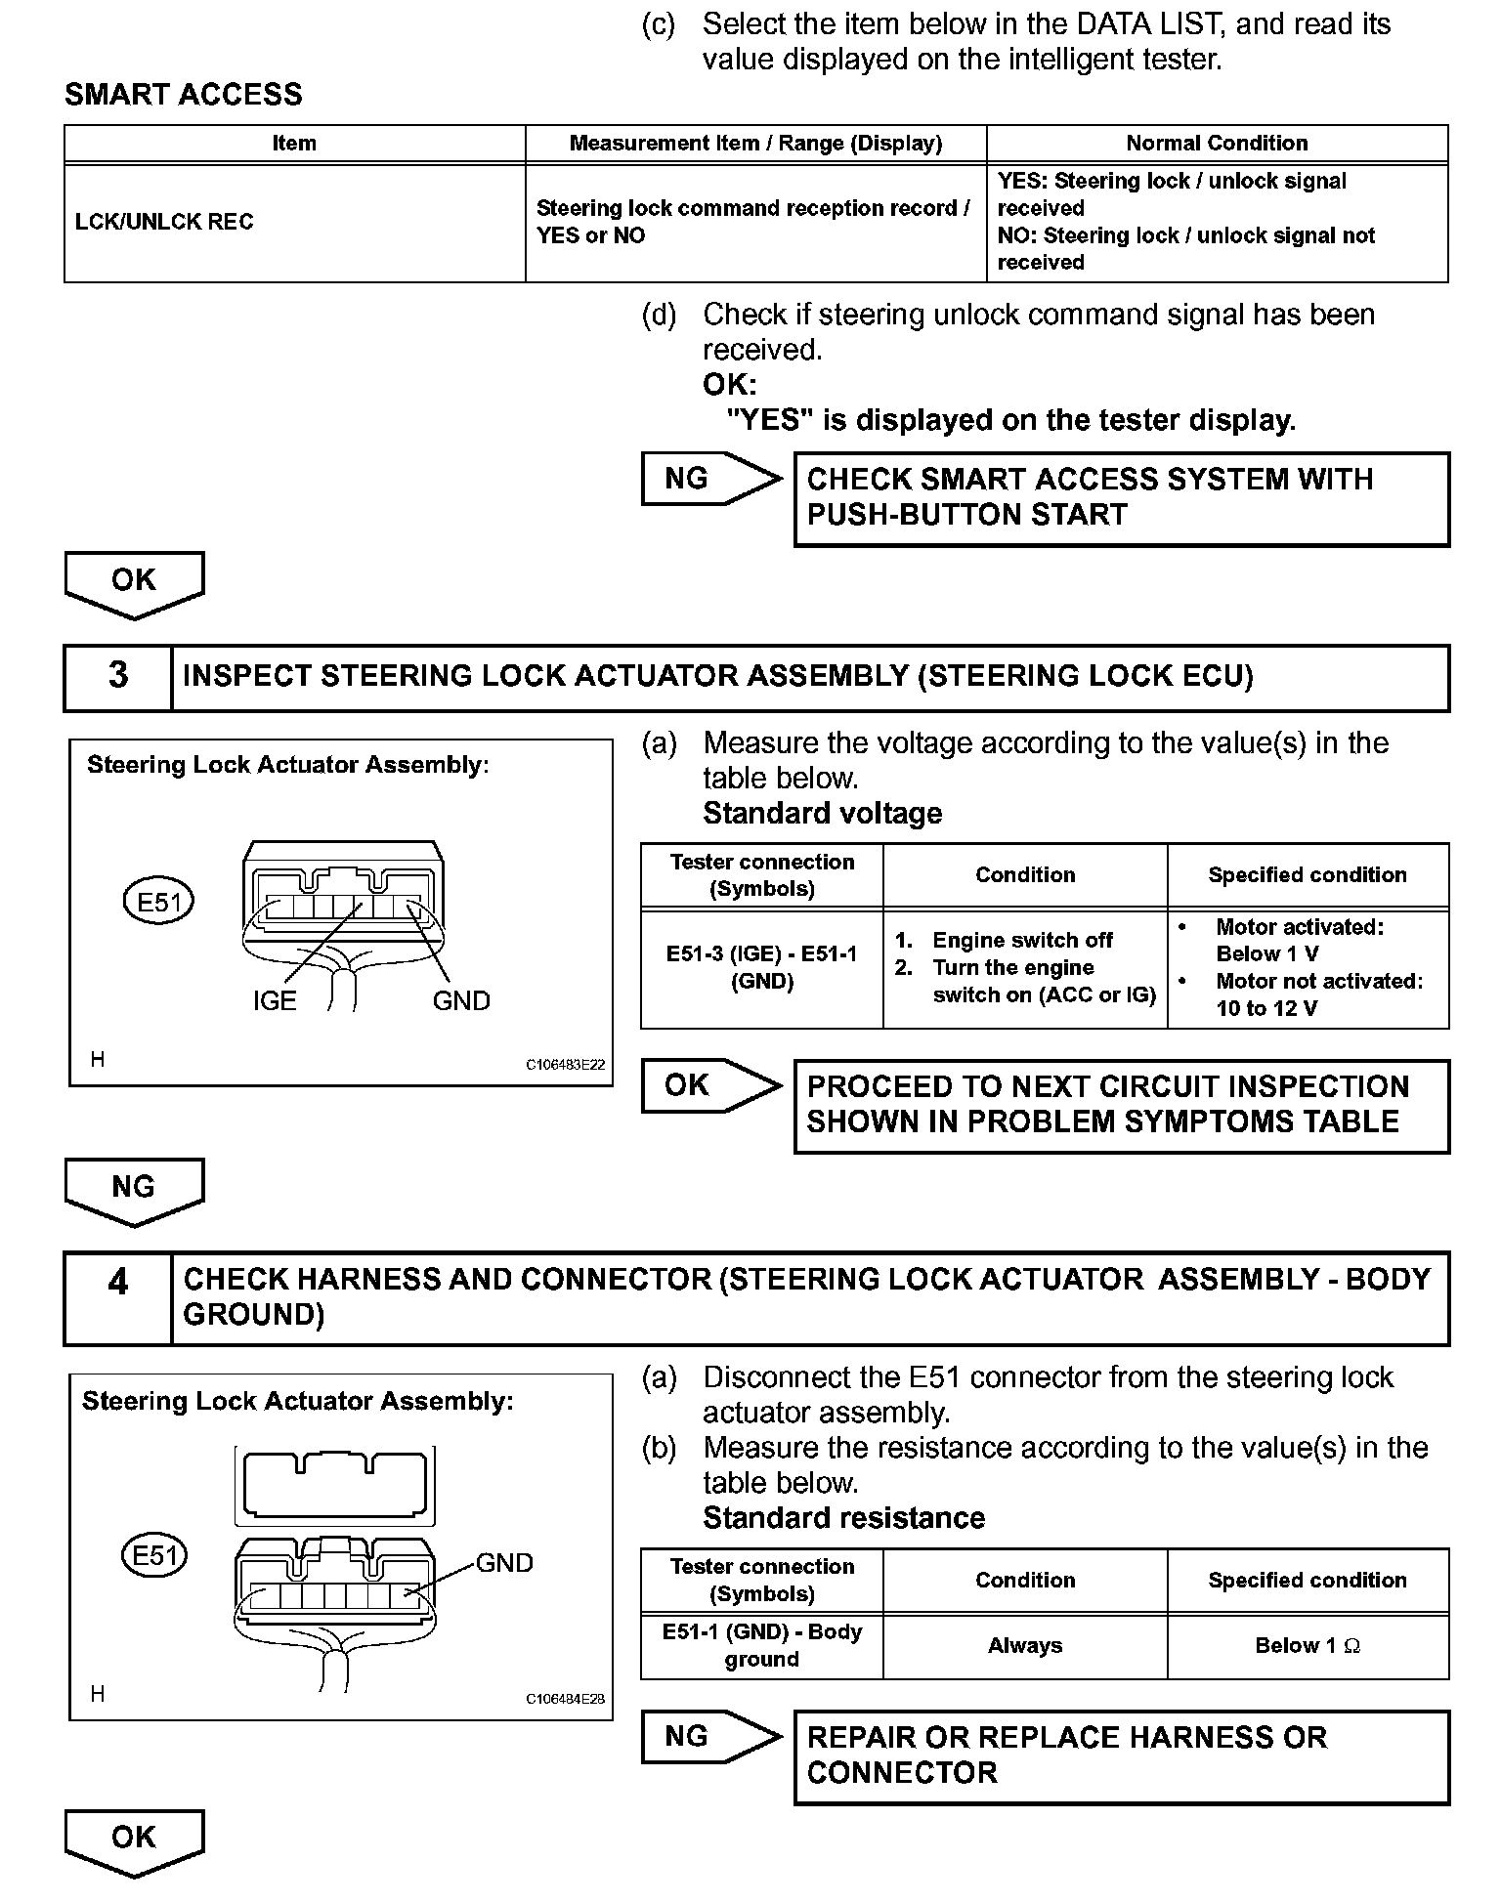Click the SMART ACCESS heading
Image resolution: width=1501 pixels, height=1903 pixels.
pos(183,95)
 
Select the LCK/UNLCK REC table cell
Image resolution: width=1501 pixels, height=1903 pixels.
pos(164,222)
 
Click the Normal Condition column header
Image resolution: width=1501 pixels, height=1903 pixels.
pos(1217,143)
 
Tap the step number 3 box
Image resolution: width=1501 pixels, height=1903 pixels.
pos(117,676)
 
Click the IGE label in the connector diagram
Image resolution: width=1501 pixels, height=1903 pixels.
pos(274,1001)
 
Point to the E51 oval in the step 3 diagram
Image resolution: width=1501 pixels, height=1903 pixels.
pos(158,902)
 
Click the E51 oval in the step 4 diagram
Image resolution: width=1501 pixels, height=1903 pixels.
pos(153,1555)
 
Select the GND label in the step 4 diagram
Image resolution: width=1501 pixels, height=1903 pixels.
pos(504,1563)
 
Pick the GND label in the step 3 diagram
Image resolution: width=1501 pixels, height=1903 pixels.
pos(461,1001)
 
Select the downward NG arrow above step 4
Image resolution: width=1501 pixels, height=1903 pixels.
pos(134,1189)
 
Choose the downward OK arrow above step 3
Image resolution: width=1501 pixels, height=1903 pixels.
pos(134,582)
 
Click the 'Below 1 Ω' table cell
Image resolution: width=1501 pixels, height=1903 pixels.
pos(1308,1646)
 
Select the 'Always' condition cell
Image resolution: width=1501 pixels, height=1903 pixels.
pos(1024,1646)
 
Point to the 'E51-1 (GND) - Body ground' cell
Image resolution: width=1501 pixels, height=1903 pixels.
pos(761,1646)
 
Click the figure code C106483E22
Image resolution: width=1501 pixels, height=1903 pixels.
pos(565,1065)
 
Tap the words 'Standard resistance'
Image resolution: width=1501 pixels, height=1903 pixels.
pos(843,1517)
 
